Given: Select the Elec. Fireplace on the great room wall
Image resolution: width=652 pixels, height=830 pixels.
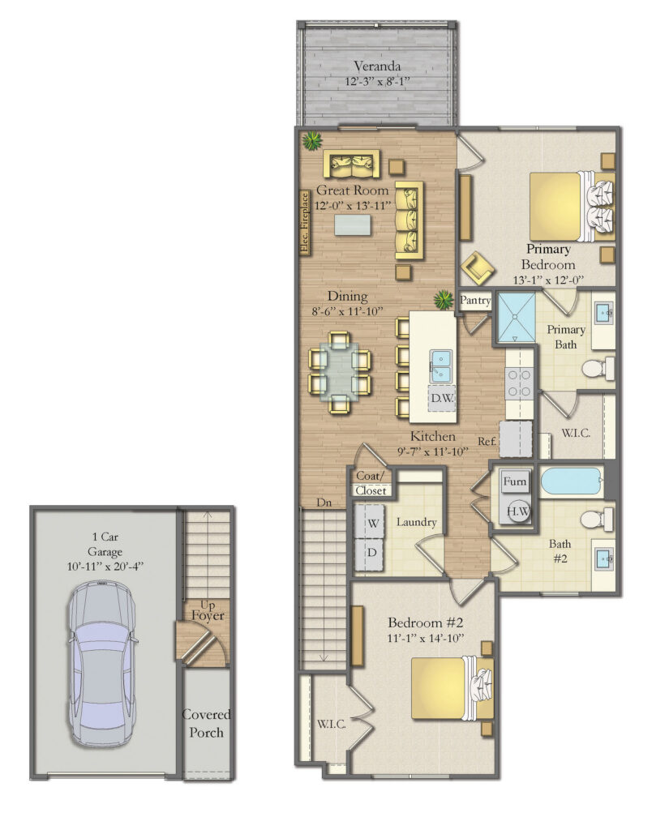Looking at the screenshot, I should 305,223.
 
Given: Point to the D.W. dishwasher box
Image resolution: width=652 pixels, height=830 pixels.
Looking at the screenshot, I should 441,398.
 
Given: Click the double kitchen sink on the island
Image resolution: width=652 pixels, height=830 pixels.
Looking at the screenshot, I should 441,365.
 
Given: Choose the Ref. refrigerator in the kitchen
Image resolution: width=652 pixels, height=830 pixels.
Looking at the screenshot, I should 516,439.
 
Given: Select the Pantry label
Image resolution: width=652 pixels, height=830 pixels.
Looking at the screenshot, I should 475,301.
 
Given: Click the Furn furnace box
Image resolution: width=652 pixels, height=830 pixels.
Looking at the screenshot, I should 515,481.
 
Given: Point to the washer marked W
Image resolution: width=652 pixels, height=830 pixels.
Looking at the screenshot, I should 372,524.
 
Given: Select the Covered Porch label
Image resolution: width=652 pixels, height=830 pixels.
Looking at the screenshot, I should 206,723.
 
